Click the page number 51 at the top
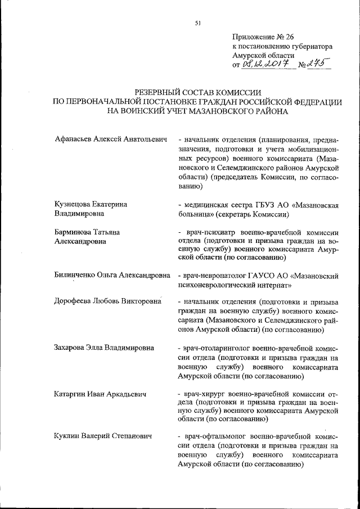(x=197, y=23)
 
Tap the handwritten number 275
(x=318, y=65)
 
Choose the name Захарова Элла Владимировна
(x=104, y=347)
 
